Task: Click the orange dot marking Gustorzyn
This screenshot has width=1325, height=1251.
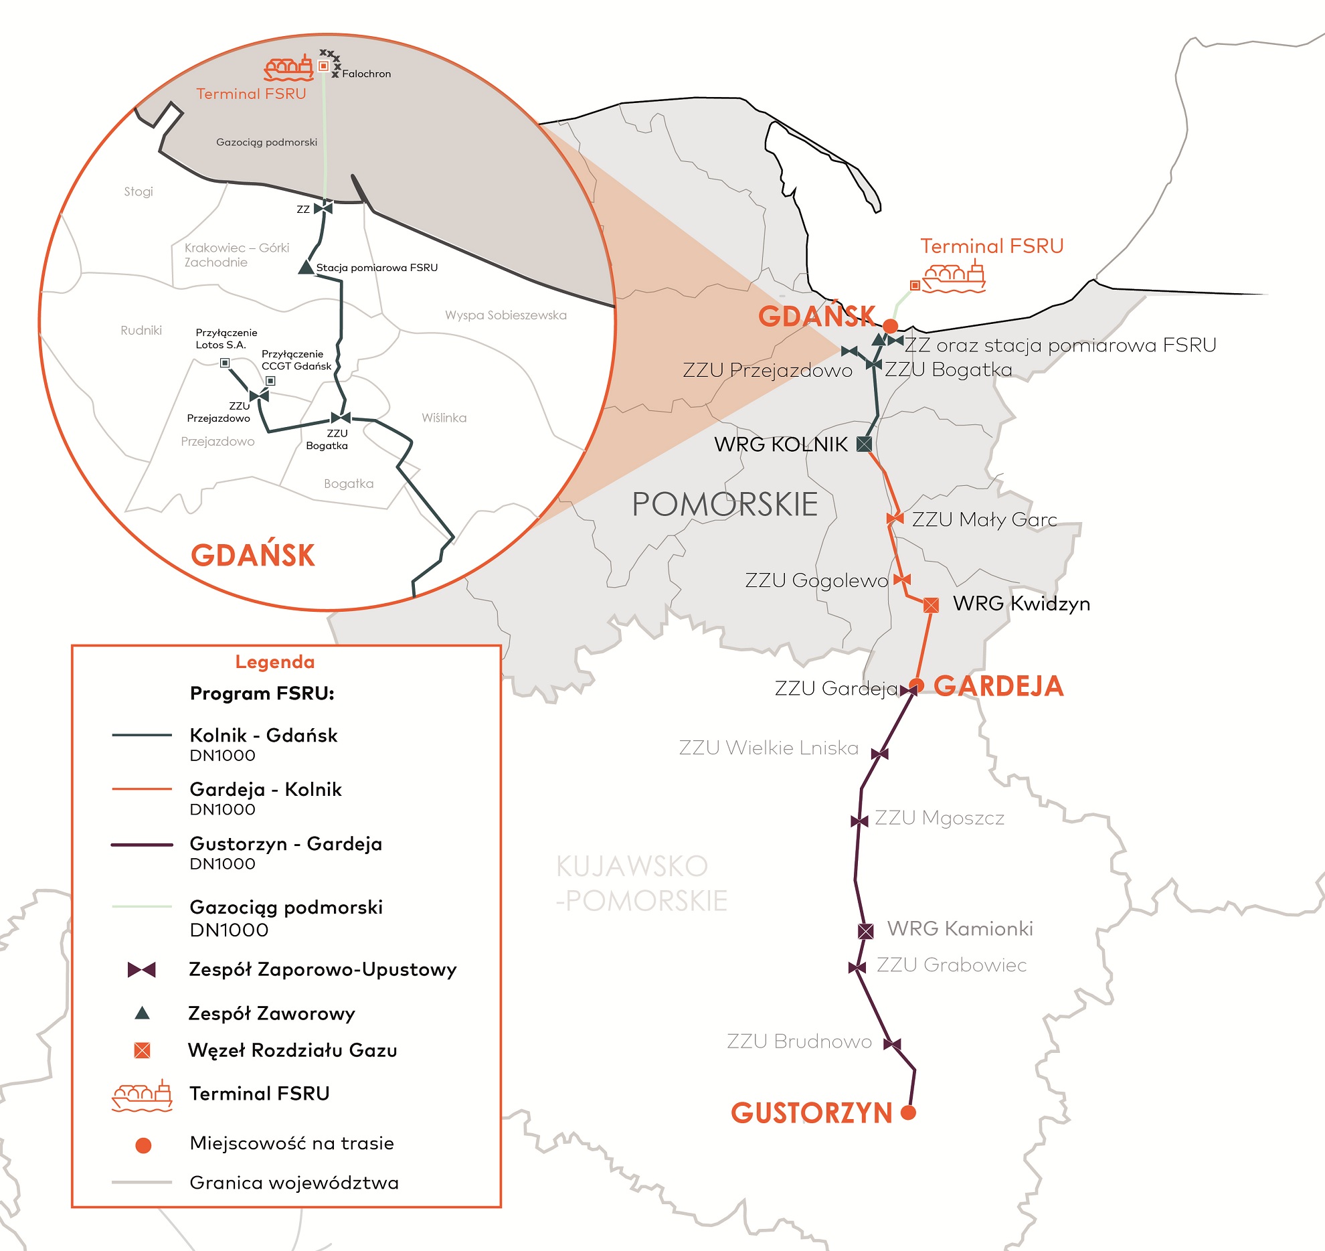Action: (908, 1112)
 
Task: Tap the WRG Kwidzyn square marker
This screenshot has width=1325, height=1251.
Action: (931, 605)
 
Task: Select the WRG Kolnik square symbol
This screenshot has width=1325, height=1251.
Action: (865, 443)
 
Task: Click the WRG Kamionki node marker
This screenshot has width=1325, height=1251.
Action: (866, 930)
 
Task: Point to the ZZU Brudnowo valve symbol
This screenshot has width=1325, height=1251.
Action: (892, 1044)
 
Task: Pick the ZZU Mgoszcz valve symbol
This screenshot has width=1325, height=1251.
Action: (859, 821)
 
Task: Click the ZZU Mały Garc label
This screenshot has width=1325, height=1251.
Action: (984, 519)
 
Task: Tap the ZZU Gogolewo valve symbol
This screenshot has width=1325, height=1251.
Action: (902, 579)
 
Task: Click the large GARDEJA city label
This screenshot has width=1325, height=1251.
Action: (998, 686)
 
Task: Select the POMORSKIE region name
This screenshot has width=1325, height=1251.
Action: (725, 504)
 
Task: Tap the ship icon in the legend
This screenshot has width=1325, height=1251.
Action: (142, 1095)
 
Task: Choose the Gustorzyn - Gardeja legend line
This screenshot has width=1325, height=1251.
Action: (142, 845)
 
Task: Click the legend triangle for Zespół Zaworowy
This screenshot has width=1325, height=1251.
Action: (142, 1013)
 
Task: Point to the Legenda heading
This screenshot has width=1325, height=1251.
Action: (275, 662)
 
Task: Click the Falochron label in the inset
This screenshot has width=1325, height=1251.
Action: (366, 74)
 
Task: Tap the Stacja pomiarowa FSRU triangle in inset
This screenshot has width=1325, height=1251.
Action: (306, 267)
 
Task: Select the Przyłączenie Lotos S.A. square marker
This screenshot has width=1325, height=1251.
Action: (225, 363)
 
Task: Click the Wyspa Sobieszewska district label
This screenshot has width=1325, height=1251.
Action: (505, 315)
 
